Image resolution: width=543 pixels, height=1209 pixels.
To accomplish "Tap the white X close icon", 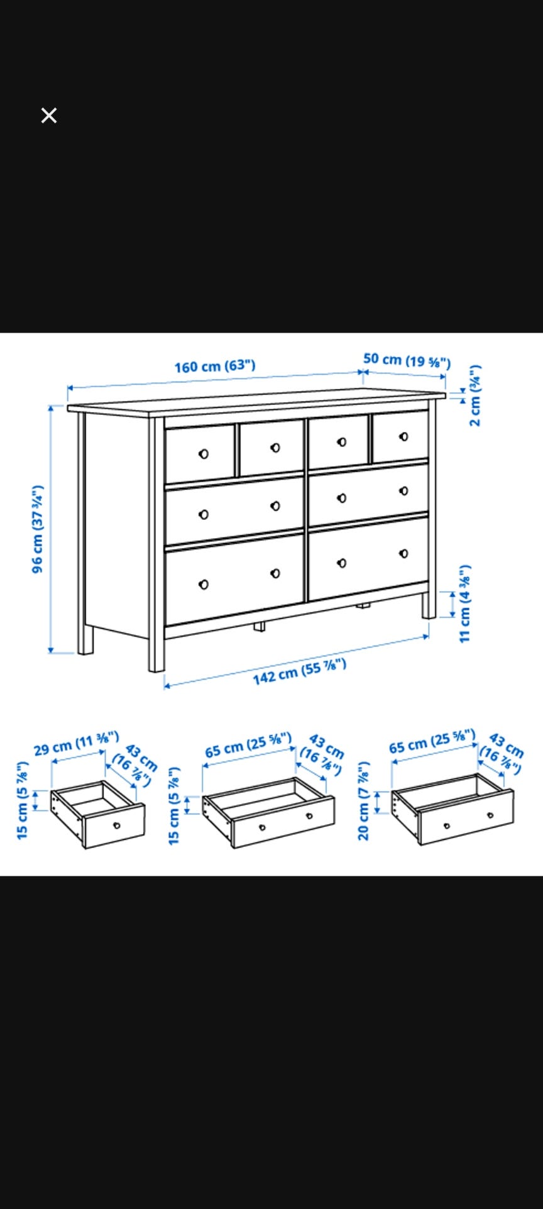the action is point(49,116).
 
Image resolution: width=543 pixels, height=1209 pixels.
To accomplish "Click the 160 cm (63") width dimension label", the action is point(215,366).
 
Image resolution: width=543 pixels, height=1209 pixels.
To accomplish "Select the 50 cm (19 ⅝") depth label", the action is point(407,361).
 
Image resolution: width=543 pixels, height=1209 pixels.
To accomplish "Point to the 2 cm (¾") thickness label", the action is point(475,395).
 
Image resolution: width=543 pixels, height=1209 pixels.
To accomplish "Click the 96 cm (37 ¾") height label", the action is point(38,529).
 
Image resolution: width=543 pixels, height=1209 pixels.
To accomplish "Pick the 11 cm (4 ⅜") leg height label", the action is point(464,604).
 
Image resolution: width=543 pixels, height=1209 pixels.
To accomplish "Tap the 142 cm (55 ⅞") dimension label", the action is point(300,671).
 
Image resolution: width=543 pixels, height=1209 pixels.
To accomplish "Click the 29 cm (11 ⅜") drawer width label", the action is point(76,743).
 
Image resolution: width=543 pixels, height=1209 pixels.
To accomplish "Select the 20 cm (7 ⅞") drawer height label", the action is point(363,801).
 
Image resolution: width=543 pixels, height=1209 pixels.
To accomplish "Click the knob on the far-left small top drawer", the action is point(203,454).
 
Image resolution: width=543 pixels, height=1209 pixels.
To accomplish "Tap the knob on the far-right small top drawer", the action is point(403,436).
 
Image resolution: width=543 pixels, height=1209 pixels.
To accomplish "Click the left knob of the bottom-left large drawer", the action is point(203,585).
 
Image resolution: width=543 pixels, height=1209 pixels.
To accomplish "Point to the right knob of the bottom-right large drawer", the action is point(403,553).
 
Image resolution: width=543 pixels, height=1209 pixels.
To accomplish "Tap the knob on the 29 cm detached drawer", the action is point(116,825).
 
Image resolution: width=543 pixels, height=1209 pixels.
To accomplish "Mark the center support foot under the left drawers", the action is point(260,627).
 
